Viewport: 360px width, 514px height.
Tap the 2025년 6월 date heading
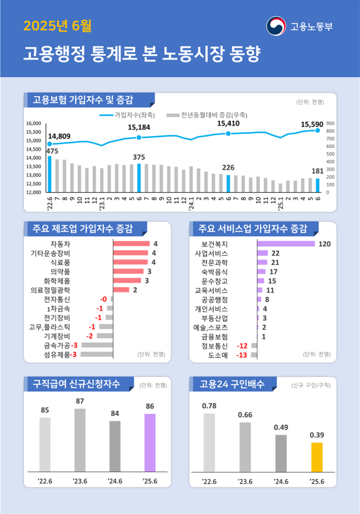coord(57,26)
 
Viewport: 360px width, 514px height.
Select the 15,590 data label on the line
coord(312,124)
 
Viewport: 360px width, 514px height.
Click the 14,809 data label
coord(59,136)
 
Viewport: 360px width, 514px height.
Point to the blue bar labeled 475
coord(49,174)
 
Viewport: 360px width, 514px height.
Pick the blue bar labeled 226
coord(228,183)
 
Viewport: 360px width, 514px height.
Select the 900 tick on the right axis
coord(330,123)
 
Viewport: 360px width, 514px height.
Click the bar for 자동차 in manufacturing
coord(131,244)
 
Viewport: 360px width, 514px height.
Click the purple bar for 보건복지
coord(286,244)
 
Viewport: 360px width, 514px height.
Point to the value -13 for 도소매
coord(242,355)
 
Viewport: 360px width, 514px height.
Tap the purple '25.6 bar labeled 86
coord(150,442)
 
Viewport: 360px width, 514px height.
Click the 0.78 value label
coord(209,405)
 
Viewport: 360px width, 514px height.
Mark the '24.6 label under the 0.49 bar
coord(281,481)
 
